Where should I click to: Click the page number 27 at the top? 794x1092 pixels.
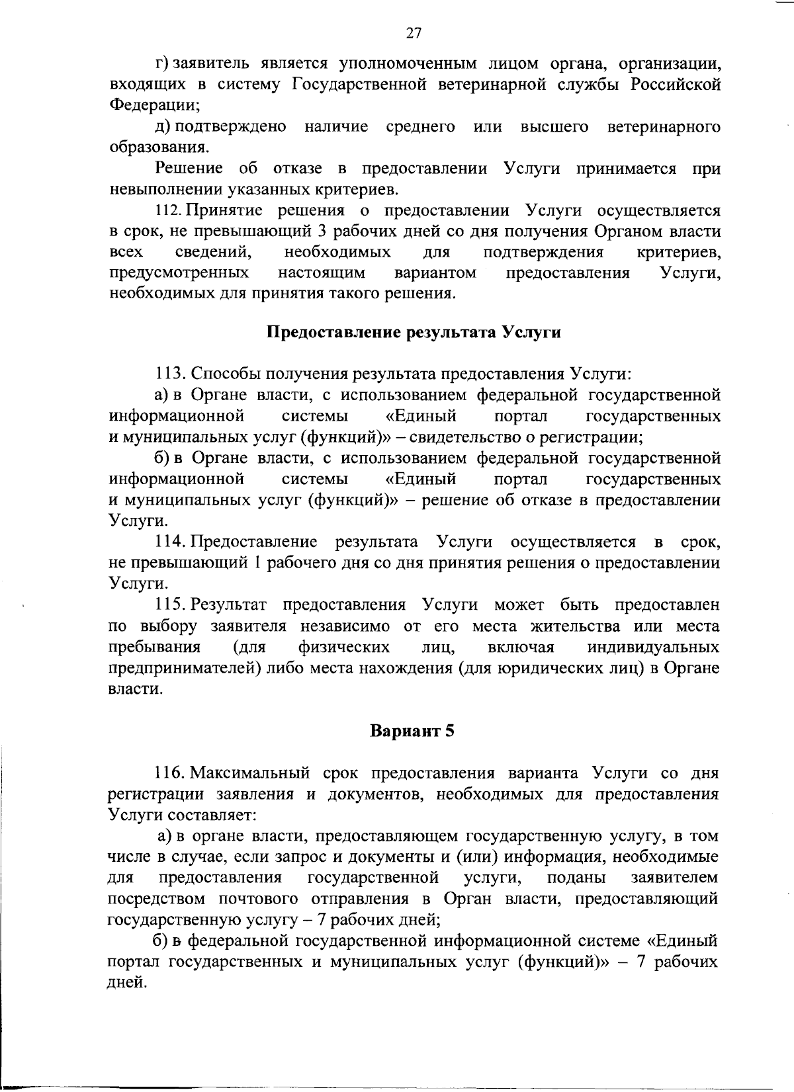click(414, 33)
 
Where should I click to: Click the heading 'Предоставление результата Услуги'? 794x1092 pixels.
click(414, 332)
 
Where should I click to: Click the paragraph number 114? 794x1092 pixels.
click(169, 543)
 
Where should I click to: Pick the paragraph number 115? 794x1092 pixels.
click(169, 605)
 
